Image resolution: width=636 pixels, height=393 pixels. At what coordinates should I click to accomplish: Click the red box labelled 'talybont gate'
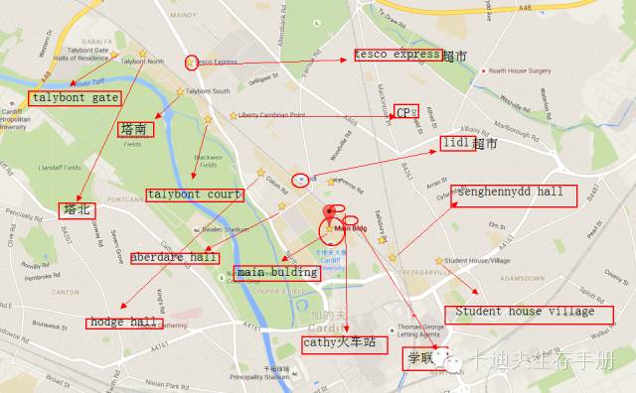(x=75, y=98)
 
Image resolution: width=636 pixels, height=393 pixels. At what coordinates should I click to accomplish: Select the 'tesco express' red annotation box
(x=398, y=54)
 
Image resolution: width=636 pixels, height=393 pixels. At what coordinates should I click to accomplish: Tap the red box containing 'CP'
(x=402, y=111)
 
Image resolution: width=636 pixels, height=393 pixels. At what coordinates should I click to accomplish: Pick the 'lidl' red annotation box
(x=455, y=144)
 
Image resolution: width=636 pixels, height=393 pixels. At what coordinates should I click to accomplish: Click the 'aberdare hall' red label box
(x=173, y=257)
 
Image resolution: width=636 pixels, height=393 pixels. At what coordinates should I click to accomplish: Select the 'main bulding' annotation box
(x=278, y=272)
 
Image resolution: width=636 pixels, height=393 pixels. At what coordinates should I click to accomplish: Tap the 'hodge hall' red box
(x=122, y=323)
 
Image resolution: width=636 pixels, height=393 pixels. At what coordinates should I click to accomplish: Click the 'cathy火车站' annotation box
(x=341, y=343)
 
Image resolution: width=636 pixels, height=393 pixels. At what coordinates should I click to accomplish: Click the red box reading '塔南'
(x=134, y=129)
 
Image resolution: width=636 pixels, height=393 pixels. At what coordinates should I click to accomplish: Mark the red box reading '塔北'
(x=77, y=209)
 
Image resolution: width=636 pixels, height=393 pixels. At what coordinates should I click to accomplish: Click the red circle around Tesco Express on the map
(x=191, y=62)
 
